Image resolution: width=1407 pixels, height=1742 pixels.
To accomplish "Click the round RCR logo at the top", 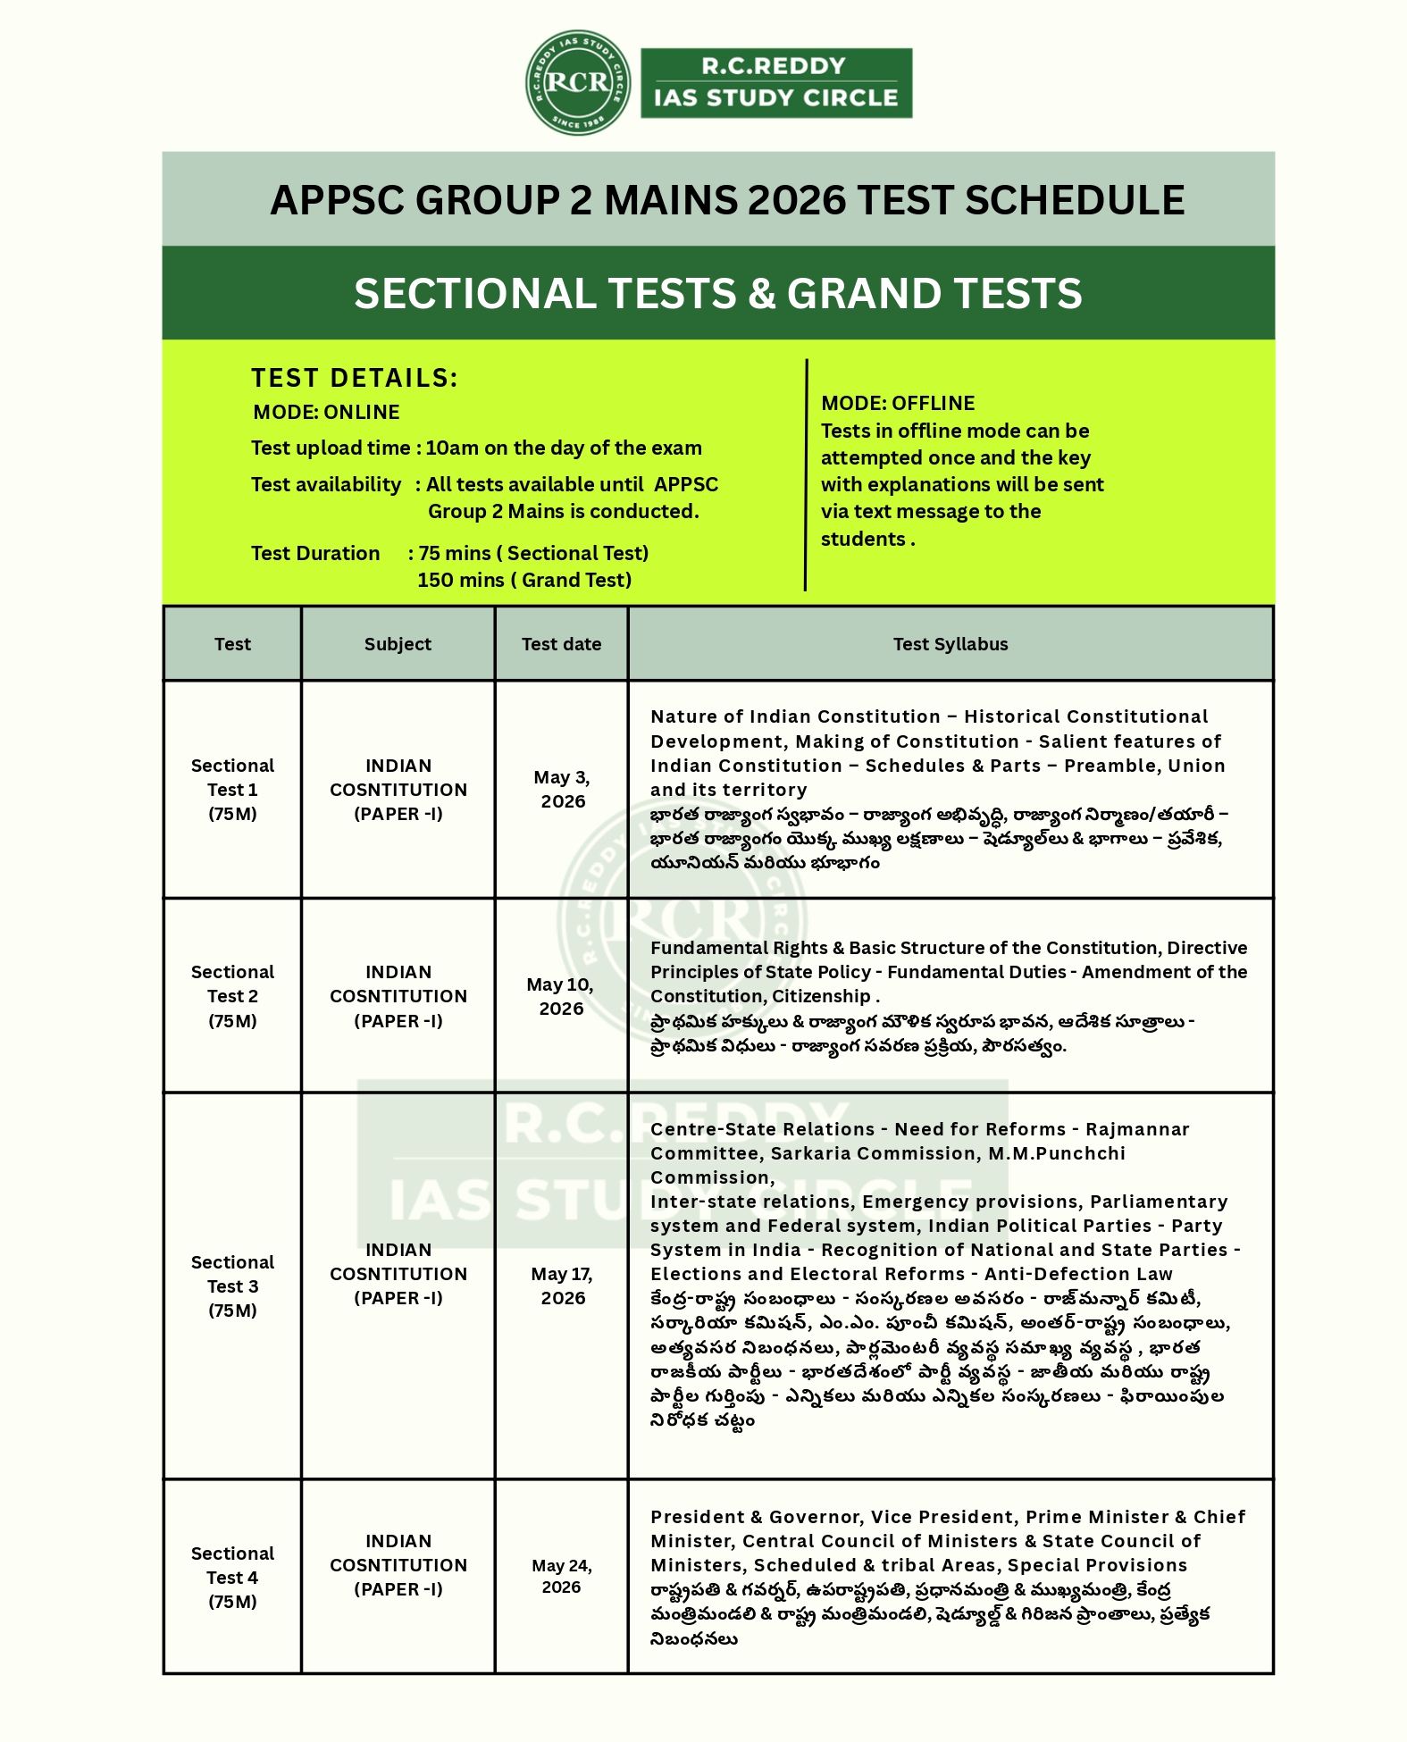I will pos(578,83).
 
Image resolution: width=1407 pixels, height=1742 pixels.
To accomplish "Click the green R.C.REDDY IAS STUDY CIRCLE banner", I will pos(775,83).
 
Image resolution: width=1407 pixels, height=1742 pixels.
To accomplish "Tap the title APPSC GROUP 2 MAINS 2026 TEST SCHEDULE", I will pos(727,200).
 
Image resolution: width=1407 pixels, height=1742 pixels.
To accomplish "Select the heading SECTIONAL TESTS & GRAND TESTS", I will pos(717,294).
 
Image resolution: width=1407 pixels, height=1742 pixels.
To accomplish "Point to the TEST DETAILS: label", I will pos(354,378).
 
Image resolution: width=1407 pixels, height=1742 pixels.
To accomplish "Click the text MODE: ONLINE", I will pos(326,413).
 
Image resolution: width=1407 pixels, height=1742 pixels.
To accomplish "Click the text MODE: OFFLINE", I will pos(897,403).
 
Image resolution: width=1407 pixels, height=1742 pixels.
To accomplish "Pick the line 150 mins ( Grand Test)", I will pos(523,581).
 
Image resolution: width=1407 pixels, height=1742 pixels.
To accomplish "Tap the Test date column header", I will pos(561,644).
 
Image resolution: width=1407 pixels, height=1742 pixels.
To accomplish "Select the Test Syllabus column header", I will pos(950,644).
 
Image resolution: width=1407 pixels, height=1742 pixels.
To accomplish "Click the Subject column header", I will pos(398,644).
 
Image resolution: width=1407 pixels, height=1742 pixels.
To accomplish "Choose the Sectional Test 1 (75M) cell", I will pos(232,790).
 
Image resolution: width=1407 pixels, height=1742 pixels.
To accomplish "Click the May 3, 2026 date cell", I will pos(562,790).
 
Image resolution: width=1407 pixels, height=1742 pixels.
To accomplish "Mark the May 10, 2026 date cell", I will pos(561,996).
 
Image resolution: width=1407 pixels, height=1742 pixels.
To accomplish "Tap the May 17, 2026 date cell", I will pos(562,1286).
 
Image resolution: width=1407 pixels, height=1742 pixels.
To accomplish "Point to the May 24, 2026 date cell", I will pos(561,1577).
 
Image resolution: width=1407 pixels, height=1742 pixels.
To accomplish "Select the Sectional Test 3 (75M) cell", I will pos(232,1286).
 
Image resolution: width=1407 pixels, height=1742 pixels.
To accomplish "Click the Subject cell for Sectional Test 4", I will pos(398,1565).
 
